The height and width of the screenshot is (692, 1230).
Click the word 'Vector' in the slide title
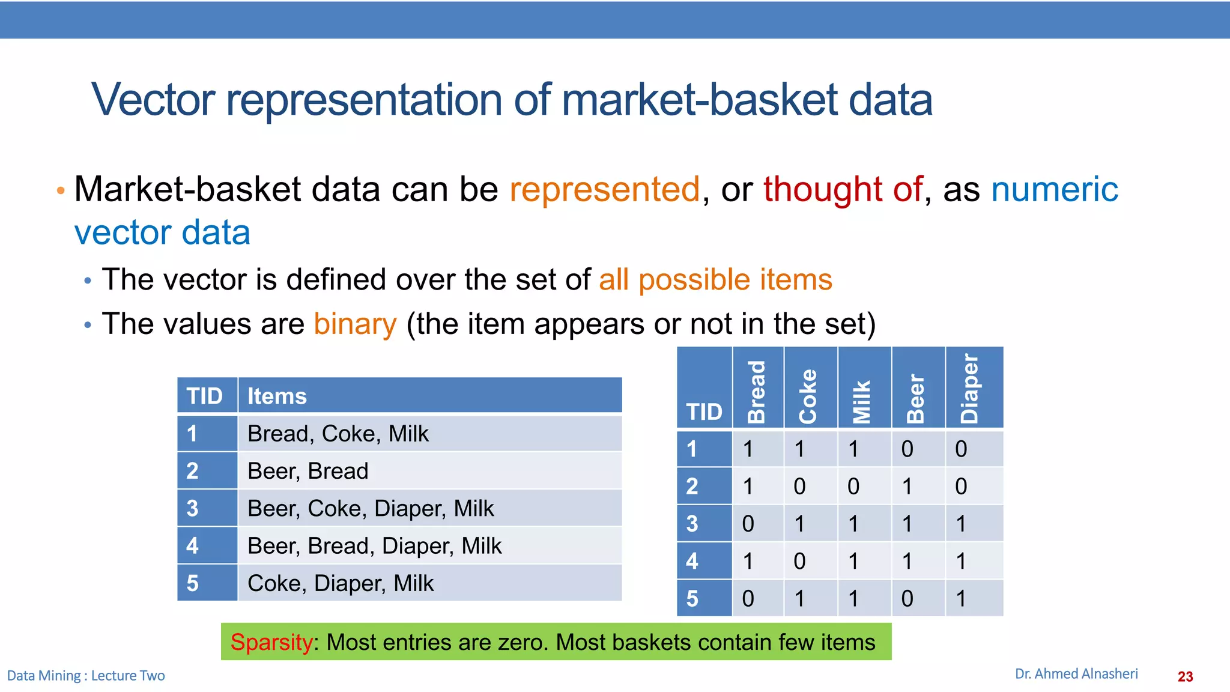coord(153,100)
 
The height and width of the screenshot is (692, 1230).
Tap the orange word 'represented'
coord(604,190)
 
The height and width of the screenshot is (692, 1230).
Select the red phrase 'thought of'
coord(842,190)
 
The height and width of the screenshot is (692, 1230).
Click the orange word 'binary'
coord(355,324)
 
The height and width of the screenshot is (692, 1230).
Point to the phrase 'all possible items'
coord(715,280)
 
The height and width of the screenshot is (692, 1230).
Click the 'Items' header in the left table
coord(277,396)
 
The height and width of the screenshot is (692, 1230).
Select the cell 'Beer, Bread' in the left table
coord(307,471)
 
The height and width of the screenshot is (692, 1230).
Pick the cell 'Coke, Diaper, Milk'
coord(340,583)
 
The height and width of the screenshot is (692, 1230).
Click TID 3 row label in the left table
coord(193,509)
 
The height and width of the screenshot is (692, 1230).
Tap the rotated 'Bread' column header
coord(757,392)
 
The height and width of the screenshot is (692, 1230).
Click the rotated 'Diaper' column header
coord(969,389)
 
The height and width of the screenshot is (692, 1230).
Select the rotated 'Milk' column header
coord(862,401)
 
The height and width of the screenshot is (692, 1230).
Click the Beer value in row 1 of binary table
coord(907,449)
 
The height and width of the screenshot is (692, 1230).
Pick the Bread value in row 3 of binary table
coord(748,524)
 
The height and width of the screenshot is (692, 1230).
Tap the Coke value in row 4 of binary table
coord(799,561)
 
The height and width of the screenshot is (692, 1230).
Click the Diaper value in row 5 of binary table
coord(961,598)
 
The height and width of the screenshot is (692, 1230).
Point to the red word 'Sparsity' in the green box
coord(271,643)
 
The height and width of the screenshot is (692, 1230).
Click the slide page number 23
coord(1185,677)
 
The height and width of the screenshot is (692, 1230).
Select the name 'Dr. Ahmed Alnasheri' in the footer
coord(1076,674)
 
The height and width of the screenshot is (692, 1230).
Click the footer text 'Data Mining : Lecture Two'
coord(86,676)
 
